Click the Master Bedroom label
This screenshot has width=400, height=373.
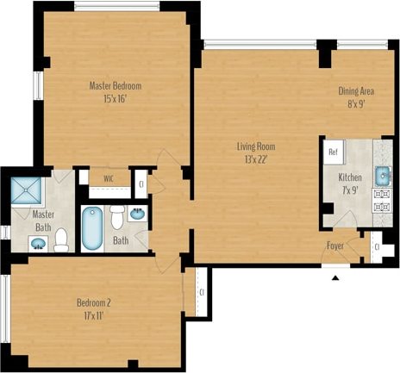click(x=116, y=85)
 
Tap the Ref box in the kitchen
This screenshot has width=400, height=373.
click(x=332, y=151)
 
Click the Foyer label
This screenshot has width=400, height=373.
click(x=335, y=246)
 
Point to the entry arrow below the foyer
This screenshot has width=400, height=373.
click(x=336, y=277)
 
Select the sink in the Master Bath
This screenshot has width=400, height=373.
click(x=38, y=243)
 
